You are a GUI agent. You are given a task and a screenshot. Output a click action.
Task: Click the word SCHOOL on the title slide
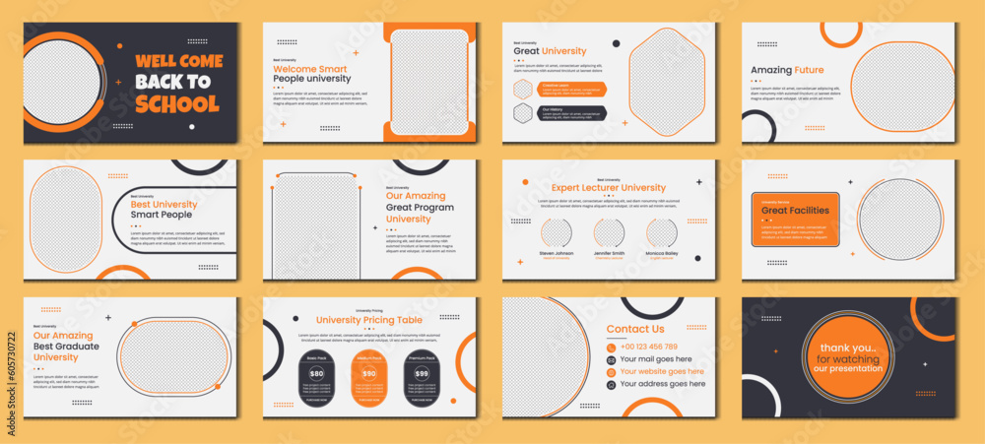coord(177,103)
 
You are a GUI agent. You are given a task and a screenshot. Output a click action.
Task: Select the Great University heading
coord(550,51)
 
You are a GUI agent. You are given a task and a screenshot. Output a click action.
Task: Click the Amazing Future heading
coord(787,70)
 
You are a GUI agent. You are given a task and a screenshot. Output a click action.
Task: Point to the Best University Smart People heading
coord(164,211)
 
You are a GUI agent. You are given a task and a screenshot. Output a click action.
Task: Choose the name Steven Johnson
coord(556,253)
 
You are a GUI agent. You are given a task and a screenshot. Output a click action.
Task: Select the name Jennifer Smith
coord(609,253)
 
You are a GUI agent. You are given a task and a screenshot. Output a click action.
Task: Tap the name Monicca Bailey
coord(662,253)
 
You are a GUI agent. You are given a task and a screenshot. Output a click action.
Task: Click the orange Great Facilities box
coord(795,219)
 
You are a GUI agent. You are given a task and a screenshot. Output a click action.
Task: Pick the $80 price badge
coord(316,374)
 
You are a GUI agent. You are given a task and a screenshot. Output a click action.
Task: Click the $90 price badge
coord(369,374)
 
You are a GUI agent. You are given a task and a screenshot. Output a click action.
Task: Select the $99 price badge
coord(422,374)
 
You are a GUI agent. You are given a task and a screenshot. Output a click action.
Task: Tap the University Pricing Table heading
coord(369,320)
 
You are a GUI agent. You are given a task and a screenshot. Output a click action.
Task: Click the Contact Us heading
coord(635,329)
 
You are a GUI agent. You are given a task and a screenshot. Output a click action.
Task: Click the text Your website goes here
coord(661,372)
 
